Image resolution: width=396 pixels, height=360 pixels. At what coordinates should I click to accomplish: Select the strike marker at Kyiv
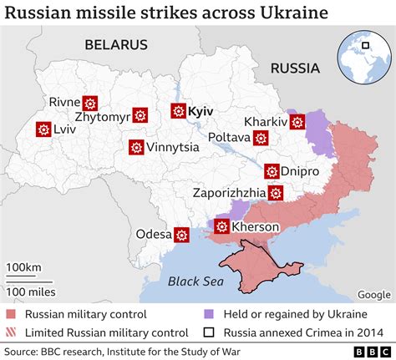click(178, 110)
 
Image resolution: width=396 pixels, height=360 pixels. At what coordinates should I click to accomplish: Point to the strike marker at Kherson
click(222, 226)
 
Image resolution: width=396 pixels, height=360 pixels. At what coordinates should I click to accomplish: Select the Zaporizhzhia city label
click(229, 192)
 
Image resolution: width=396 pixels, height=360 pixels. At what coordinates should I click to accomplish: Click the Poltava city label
click(228, 136)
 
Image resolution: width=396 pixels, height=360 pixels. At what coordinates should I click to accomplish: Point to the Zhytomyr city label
click(102, 117)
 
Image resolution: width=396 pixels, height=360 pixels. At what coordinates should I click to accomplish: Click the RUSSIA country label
click(295, 68)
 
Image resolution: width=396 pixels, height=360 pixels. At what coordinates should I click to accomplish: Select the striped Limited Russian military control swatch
click(11, 332)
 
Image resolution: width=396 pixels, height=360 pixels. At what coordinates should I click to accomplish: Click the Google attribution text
click(373, 294)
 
